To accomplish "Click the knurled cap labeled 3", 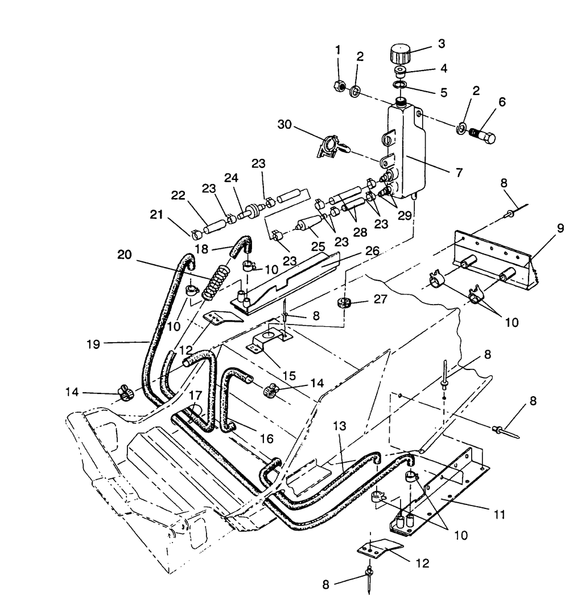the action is coord(401,55).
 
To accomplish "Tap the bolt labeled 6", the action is coord(481,135).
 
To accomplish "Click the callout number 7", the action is coord(459,172).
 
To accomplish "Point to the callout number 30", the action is coord(284,125).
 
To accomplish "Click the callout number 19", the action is coord(93,344).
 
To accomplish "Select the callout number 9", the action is coord(560,228).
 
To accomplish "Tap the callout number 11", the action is coord(499,515).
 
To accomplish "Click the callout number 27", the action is coord(380,299).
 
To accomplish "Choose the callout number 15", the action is coord(289,376).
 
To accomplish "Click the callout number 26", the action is coord(373,250).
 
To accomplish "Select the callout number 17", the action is coord(195,395).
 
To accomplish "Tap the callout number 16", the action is coord(266,438).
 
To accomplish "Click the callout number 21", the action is coord(156,214).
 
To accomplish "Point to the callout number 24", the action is coord(231,178).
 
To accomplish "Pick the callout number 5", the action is coord(443,92).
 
